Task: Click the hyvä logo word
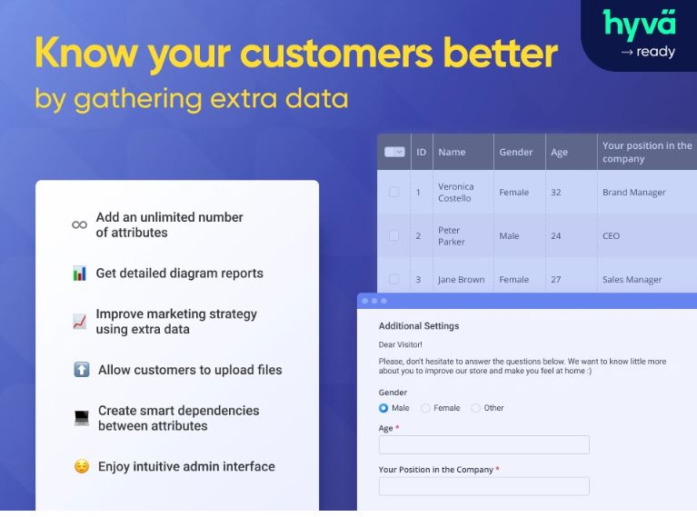pyautogui.click(x=639, y=25)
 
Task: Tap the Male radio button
pyautogui.click(x=383, y=408)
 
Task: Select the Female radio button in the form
pyautogui.click(x=425, y=408)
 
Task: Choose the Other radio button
pyautogui.click(x=475, y=408)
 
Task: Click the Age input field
pyautogui.click(x=484, y=444)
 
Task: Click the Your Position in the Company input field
pyautogui.click(x=484, y=486)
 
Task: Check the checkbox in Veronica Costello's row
pyautogui.click(x=393, y=192)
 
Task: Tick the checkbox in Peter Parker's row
pyautogui.click(x=393, y=235)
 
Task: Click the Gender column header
pyautogui.click(x=515, y=152)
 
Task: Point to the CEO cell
pyautogui.click(x=611, y=236)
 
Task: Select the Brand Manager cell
pyautogui.click(x=634, y=193)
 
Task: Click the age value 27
pyautogui.click(x=555, y=280)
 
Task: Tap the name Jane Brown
pyautogui.click(x=461, y=280)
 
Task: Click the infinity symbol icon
pyautogui.click(x=80, y=225)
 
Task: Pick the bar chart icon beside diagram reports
pyautogui.click(x=80, y=273)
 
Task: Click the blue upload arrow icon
pyautogui.click(x=82, y=370)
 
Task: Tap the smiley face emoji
pyautogui.click(x=82, y=466)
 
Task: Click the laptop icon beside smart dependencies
pyautogui.click(x=82, y=418)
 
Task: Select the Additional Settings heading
pyautogui.click(x=419, y=326)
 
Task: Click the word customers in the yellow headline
pyautogui.click(x=336, y=54)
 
